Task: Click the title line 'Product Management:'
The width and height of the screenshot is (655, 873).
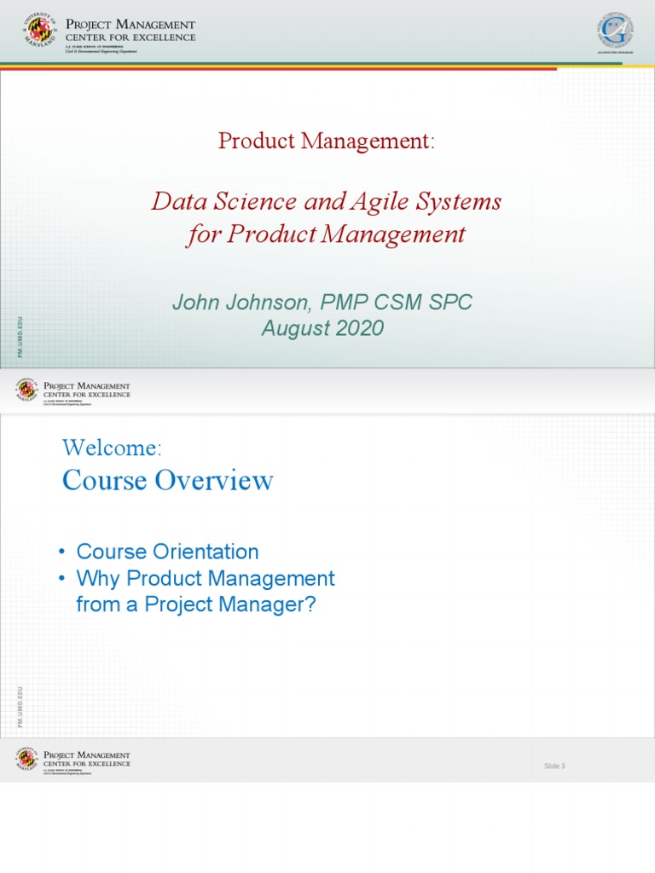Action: (x=327, y=141)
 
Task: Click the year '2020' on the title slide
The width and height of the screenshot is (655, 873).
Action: (x=358, y=328)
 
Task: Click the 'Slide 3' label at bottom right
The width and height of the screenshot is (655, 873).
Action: (x=554, y=766)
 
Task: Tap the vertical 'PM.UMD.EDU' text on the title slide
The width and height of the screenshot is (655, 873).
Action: (x=20, y=337)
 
